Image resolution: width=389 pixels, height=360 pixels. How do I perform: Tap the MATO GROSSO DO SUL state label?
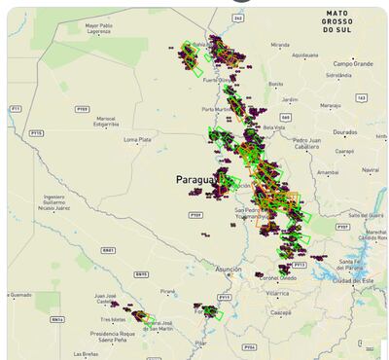pyautogui.click(x=344, y=20)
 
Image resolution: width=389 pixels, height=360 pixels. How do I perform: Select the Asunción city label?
pyautogui.click(x=229, y=268)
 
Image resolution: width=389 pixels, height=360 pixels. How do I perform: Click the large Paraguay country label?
pyautogui.click(x=198, y=180)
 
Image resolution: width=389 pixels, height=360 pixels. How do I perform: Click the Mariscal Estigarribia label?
pyautogui.click(x=106, y=123)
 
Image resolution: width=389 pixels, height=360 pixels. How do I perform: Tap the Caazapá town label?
pyautogui.click(x=282, y=312)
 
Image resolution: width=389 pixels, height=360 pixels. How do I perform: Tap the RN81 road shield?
pyautogui.click(x=108, y=249)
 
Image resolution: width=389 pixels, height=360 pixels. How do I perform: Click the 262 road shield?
pyautogui.click(x=238, y=18)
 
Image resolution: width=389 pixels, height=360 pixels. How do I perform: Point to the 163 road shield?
pyautogui.click(x=362, y=97)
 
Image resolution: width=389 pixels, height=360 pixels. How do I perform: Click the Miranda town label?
pyautogui.click(x=280, y=45)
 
